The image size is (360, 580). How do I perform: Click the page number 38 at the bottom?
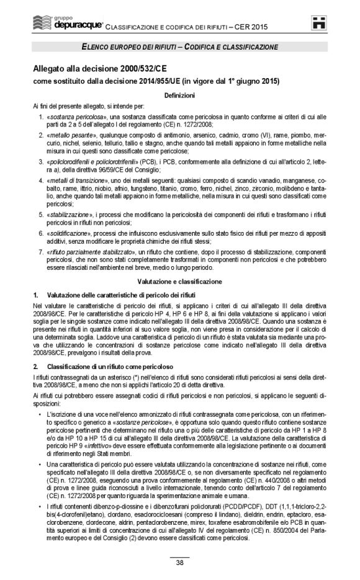coord(179,563)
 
